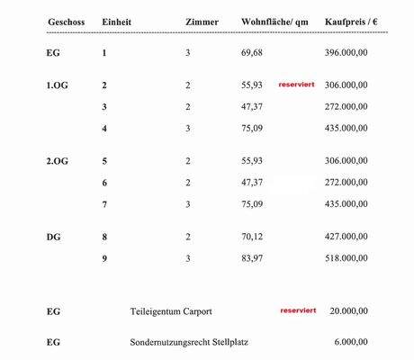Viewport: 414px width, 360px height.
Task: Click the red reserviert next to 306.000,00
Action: pos(297,84)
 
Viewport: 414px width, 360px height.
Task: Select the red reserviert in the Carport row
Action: pos(298,310)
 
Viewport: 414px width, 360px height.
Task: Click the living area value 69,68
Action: pos(251,54)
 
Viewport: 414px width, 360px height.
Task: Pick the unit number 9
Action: pos(105,259)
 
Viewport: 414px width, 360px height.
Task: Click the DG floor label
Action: pos(53,238)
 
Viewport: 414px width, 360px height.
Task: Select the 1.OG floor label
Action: pos(57,85)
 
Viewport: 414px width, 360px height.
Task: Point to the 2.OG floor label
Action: pos(57,161)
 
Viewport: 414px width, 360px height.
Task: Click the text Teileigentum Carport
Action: pos(171,311)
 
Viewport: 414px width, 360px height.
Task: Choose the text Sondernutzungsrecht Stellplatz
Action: pos(190,343)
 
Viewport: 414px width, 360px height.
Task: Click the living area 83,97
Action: pos(251,259)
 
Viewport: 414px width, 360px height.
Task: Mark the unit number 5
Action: pos(105,161)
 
